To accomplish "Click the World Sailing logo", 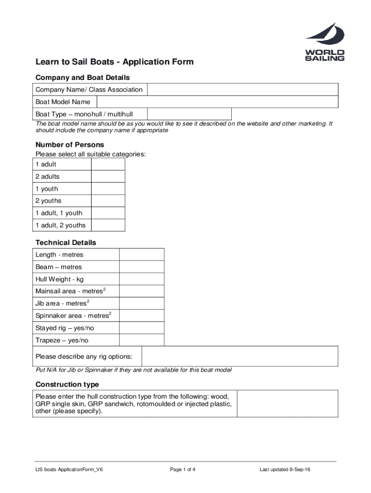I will coord(325,42).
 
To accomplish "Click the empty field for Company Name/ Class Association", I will coord(242,90).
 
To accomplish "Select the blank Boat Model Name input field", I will coord(217,102).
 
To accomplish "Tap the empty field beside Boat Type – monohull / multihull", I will coord(189,114).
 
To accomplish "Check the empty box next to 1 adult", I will coord(108,165).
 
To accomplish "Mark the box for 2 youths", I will coord(108,201).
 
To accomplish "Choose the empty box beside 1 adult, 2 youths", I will coord(108,225).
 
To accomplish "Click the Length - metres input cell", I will coord(141,255).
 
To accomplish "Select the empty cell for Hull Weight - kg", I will coord(141,279).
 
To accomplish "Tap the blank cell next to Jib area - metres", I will coord(141,303).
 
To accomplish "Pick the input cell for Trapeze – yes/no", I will coord(141,340).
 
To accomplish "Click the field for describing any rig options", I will coord(239,357).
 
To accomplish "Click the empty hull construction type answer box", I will coord(287,403).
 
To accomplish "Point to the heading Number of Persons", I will coord(70,144).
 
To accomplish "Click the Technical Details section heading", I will coord(66,243).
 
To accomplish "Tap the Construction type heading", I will coord(67,384).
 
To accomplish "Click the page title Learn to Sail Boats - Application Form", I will coord(115,62).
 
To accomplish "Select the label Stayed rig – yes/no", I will coord(65,328).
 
